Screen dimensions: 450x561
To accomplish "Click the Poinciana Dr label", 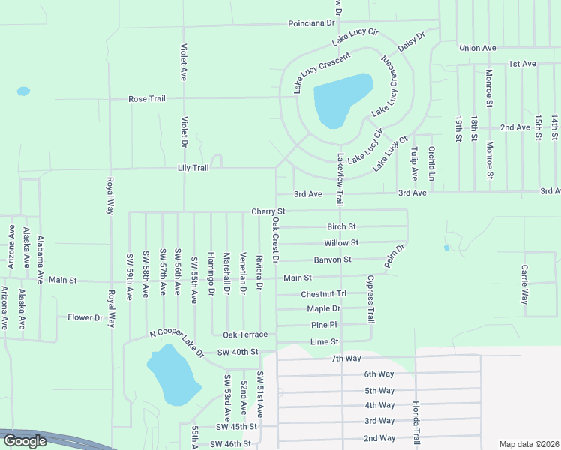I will coord(311,23).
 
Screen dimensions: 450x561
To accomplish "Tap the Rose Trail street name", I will coord(147,98).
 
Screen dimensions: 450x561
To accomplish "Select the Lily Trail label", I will coord(193,168).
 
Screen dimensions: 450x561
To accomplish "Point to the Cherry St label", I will coord(269,212).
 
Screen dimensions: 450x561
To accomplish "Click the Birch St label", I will coord(341,226).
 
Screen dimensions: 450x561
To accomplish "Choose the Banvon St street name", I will coord(333,259).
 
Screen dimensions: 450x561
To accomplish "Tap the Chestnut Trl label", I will coord(324,294).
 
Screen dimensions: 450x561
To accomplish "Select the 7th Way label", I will coord(346,358).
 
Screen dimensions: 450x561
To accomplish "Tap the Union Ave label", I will coord(478,48).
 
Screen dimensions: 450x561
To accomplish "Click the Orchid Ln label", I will coord(431,163).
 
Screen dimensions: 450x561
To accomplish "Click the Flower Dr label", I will coord(85,317).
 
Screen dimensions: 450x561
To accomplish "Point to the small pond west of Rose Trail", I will coord(23,91).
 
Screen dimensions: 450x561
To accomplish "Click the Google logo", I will coord(25,441).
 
